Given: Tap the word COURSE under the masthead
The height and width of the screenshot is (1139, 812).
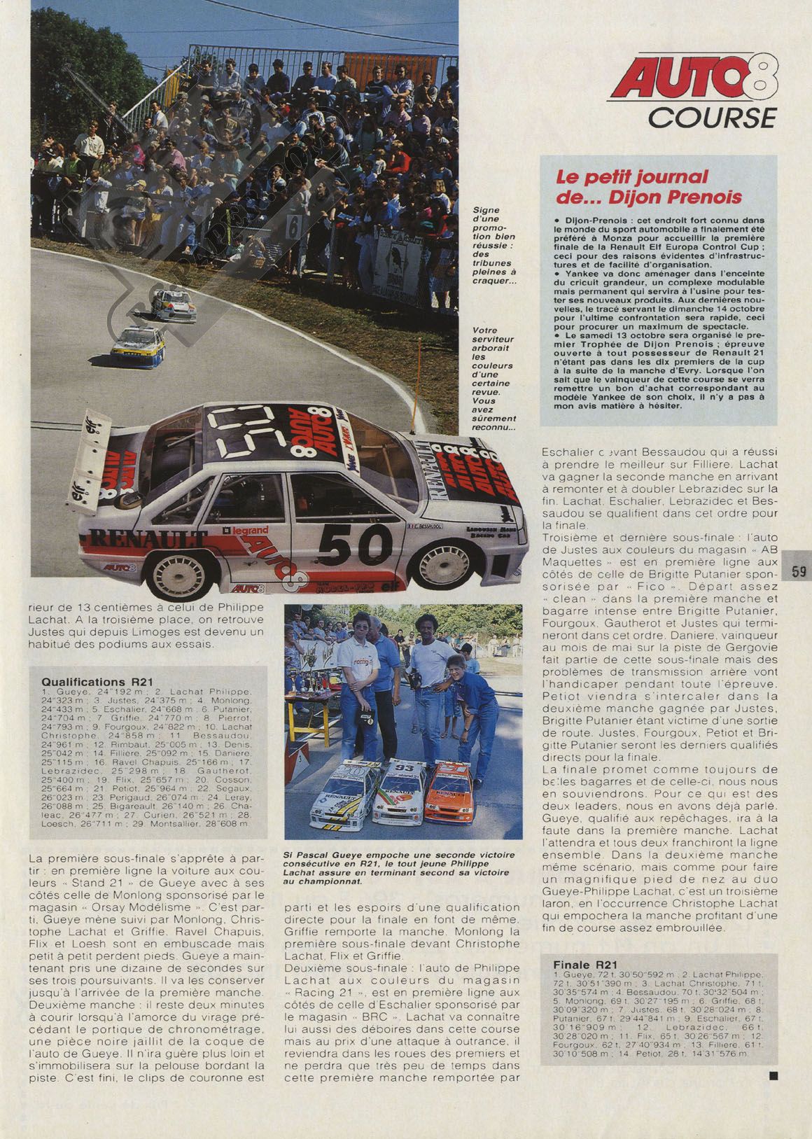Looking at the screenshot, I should coord(712,118).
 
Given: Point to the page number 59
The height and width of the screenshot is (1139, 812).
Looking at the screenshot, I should coord(799,571).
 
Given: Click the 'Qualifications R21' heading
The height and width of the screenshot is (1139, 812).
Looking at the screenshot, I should coord(97,680).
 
